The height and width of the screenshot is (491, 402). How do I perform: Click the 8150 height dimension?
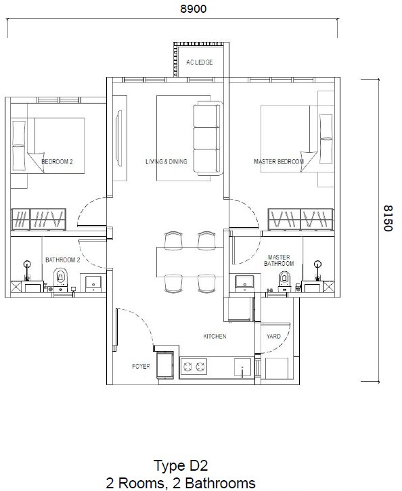pyautogui.click(x=387, y=218)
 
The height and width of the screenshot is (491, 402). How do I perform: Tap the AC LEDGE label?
pyautogui.click(x=200, y=62)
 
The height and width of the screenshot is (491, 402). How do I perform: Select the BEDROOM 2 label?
pyautogui.click(x=58, y=162)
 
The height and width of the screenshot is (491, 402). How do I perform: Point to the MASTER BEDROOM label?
pyautogui.click(x=278, y=162)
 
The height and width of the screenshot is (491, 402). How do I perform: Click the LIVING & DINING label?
pyautogui.click(x=166, y=162)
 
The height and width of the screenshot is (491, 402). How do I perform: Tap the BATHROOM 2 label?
pyautogui.click(x=63, y=260)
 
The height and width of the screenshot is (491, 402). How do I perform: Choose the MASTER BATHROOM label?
pyautogui.click(x=279, y=261)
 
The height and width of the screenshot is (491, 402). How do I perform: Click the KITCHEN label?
pyautogui.click(x=215, y=336)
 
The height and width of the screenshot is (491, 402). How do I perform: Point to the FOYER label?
pyautogui.click(x=140, y=366)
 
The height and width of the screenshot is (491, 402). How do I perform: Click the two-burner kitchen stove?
pyautogui.click(x=194, y=367)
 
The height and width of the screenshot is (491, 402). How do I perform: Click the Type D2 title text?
pyautogui.click(x=180, y=465)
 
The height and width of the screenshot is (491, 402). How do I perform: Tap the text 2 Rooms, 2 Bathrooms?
pyautogui.click(x=180, y=482)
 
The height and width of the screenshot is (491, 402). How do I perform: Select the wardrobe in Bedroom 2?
pyautogui.click(x=39, y=219)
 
